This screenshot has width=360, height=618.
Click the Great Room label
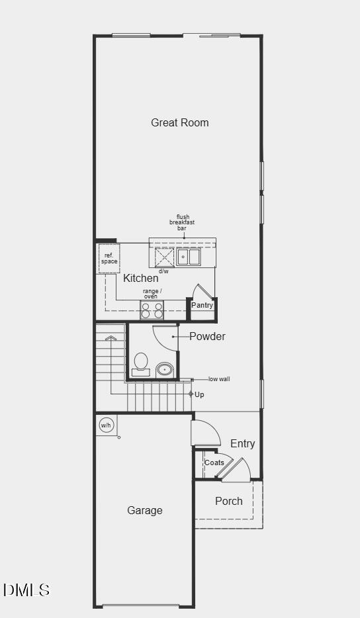pos(179,122)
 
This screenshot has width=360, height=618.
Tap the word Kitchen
pos(140,279)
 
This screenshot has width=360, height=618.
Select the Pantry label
pos(202,306)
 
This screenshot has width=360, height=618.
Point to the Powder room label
pos(207,336)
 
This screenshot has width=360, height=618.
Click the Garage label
pos(144,510)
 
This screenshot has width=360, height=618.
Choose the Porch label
pos(228,501)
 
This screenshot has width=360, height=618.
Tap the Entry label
pos(242,444)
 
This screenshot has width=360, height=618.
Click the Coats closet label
pos(214,463)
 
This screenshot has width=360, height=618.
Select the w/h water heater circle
pos(106,425)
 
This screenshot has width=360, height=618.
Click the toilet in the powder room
pos(141,364)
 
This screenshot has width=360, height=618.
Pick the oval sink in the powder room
pos(165,369)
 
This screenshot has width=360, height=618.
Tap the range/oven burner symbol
pos(152,310)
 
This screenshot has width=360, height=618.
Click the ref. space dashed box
pos(109,259)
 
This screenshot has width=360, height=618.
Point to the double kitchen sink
pos(188,257)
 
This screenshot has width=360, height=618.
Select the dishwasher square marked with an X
pos(164,257)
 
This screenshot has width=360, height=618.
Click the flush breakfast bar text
pos(182,222)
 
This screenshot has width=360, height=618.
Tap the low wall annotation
pos(219,379)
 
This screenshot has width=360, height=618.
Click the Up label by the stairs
pos(199,394)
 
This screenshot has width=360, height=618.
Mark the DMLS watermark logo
pos(26,590)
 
